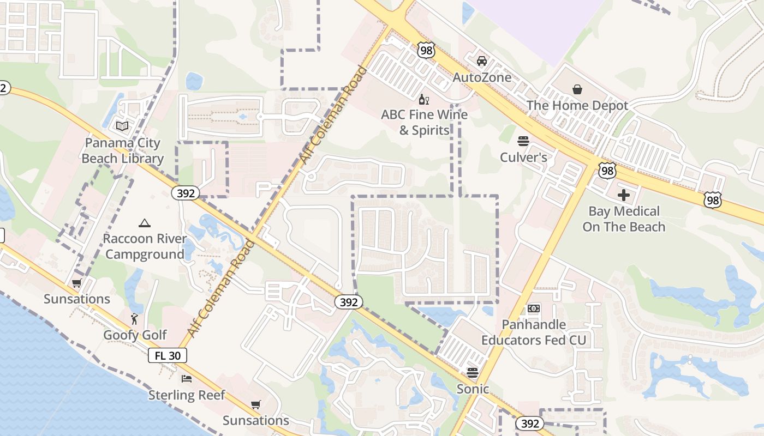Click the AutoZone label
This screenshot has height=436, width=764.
(x=482, y=77)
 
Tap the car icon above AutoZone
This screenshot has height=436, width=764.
(x=481, y=60)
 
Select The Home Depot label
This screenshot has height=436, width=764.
(x=577, y=106)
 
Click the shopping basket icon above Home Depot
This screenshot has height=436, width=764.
(x=577, y=89)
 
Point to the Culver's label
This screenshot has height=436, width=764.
(x=523, y=158)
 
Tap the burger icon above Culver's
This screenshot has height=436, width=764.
(x=523, y=141)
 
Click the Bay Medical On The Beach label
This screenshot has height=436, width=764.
(x=624, y=219)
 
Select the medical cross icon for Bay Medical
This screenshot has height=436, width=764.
(x=624, y=195)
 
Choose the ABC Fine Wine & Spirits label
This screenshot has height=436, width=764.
(x=424, y=123)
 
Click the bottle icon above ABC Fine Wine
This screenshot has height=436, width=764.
(x=423, y=99)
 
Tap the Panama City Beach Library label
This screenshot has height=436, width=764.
(x=123, y=151)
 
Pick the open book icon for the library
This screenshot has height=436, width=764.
(x=122, y=126)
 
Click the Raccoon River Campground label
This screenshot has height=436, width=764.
(x=145, y=247)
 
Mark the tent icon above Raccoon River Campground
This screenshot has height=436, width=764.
(x=144, y=223)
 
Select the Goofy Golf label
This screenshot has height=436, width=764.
(x=135, y=335)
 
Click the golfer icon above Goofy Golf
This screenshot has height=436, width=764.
(x=134, y=318)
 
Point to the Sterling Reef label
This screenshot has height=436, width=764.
(x=187, y=395)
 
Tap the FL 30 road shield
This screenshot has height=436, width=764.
(x=168, y=356)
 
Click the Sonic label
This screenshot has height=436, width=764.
(x=473, y=389)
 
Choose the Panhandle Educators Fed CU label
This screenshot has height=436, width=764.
(x=533, y=332)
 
